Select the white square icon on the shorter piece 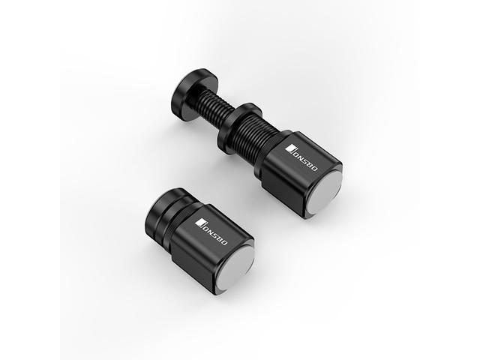200,222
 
